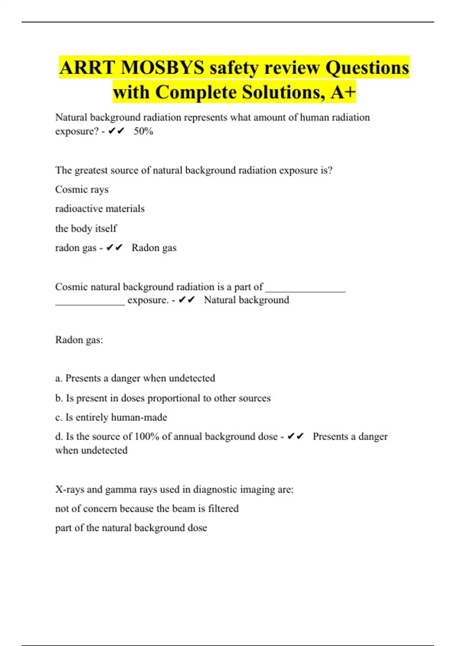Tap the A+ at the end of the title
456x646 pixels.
click(343, 92)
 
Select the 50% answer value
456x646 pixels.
click(143, 131)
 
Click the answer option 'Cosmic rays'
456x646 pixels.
click(82, 189)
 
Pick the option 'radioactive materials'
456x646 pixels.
click(100, 209)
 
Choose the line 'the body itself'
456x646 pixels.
click(86, 228)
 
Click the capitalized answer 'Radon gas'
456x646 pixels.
click(154, 248)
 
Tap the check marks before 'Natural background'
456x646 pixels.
click(187, 300)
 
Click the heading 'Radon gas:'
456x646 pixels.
click(79, 340)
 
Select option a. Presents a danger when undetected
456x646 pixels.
click(135, 378)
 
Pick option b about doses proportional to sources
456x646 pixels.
click(163, 398)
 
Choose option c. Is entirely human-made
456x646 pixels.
click(111, 417)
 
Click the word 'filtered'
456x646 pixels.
click(223, 508)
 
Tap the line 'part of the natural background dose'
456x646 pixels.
click(131, 528)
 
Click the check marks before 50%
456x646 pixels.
click(116, 131)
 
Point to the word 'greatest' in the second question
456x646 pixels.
click(91, 170)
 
